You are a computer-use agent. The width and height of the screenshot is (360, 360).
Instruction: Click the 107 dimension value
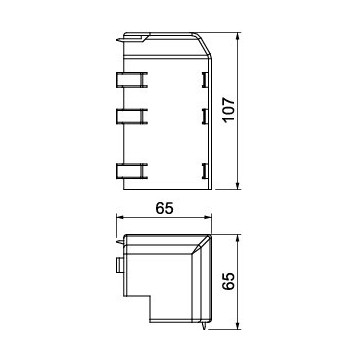230,110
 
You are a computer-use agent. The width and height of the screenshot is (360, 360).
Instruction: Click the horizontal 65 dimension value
164,208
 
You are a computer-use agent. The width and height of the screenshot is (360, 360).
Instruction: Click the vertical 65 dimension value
229,282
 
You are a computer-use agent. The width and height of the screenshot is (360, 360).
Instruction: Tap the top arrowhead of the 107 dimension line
238,36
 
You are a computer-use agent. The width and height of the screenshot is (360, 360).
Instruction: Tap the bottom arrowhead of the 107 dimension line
238,186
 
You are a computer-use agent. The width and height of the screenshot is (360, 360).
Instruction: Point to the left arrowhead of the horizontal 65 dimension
120,218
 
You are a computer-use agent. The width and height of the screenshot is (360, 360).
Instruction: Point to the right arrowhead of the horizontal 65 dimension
208,218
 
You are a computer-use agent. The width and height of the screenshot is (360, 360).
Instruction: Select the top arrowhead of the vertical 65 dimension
238,238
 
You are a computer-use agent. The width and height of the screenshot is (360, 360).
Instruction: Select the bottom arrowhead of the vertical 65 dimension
238,326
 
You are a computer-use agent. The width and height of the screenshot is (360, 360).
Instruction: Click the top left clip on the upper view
132,80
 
